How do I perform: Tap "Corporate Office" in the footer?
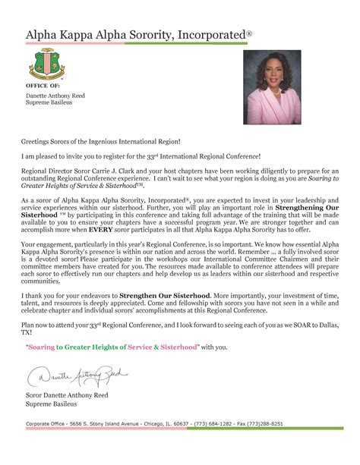tap(49, 423)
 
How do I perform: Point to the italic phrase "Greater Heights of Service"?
tap(70, 185)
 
